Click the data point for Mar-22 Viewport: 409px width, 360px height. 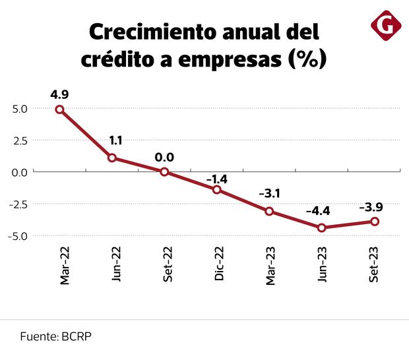[59, 109]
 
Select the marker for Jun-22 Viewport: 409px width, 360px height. [112, 158]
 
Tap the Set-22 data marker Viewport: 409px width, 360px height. [164, 171]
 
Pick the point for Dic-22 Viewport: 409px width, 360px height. [217, 190]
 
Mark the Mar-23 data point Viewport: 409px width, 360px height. [269, 211]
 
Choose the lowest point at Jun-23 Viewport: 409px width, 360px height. [322, 227]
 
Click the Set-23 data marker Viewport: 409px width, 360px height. [375, 222]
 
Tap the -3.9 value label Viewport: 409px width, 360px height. [371, 206]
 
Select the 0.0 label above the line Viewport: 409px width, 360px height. [164, 157]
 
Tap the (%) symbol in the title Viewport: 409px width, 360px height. [307, 59]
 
